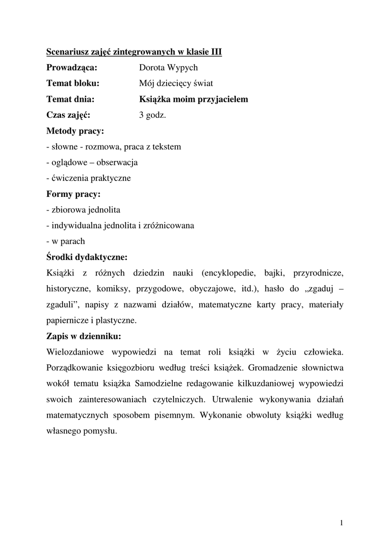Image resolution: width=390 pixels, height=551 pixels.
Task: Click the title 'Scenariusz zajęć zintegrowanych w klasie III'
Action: (x=134, y=52)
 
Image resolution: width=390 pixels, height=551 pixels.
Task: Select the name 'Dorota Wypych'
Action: (x=168, y=68)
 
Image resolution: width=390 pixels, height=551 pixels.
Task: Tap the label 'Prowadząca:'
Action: (x=72, y=68)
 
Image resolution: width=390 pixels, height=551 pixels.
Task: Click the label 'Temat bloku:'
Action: (x=73, y=83)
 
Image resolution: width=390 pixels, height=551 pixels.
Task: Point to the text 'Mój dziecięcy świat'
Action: (x=176, y=83)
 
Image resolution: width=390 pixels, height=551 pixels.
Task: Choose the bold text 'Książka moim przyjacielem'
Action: (x=193, y=99)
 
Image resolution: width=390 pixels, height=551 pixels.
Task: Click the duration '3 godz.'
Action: (x=152, y=115)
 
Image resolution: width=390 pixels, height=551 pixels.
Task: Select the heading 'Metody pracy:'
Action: (x=75, y=131)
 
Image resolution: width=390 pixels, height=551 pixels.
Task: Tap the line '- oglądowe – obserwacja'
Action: (x=92, y=162)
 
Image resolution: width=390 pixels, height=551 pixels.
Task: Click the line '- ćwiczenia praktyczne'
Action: (x=88, y=178)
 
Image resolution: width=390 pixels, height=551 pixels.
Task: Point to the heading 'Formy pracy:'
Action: (x=73, y=194)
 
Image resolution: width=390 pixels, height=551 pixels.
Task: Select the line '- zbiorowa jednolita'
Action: (x=83, y=209)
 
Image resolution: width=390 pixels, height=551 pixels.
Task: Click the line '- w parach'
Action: (x=66, y=241)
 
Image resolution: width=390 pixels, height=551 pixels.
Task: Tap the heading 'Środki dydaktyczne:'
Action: (x=87, y=257)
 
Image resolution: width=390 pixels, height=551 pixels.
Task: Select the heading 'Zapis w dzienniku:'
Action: (x=83, y=336)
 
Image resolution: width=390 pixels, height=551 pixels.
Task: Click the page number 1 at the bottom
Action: (x=342, y=522)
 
